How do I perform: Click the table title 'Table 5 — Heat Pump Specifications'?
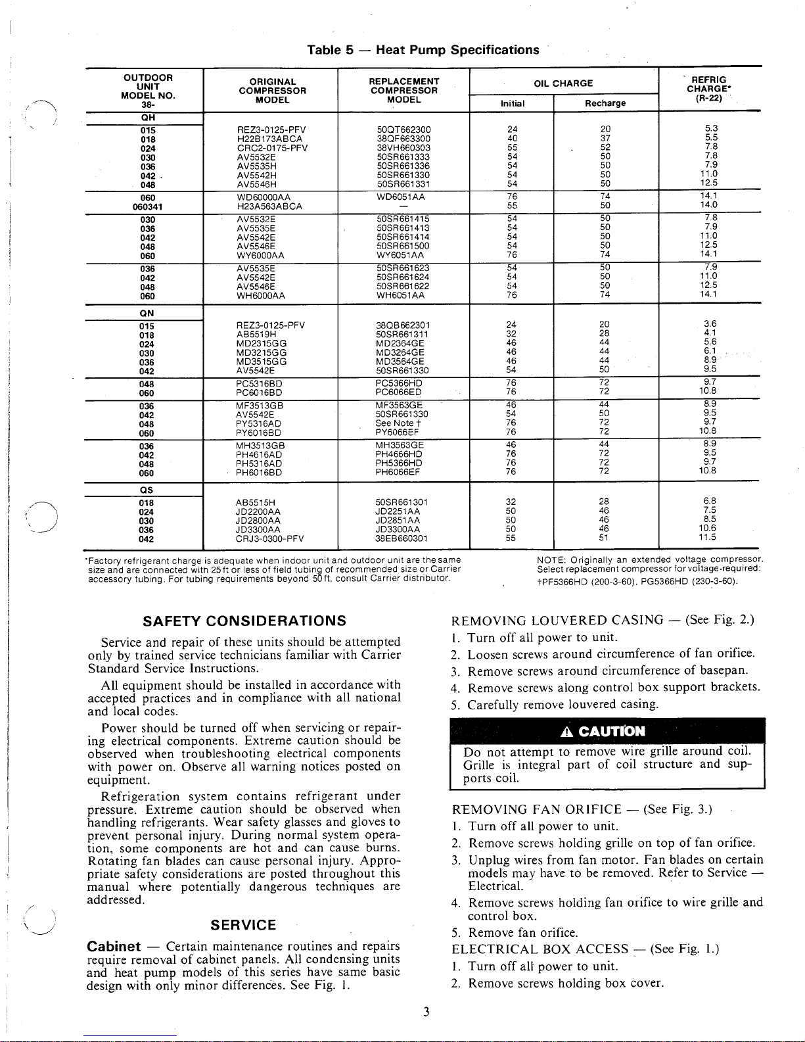[423, 50]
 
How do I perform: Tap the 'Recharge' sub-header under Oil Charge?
[605, 103]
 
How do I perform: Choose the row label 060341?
[147, 206]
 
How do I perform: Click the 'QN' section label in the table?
[147, 314]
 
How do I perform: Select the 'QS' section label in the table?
[147, 490]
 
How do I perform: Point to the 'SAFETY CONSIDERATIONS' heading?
[244, 621]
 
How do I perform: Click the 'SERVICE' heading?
[243, 925]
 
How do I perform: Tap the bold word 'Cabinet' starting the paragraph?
[114, 947]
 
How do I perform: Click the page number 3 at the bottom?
[426, 1012]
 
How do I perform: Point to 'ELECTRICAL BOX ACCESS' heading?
[540, 949]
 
